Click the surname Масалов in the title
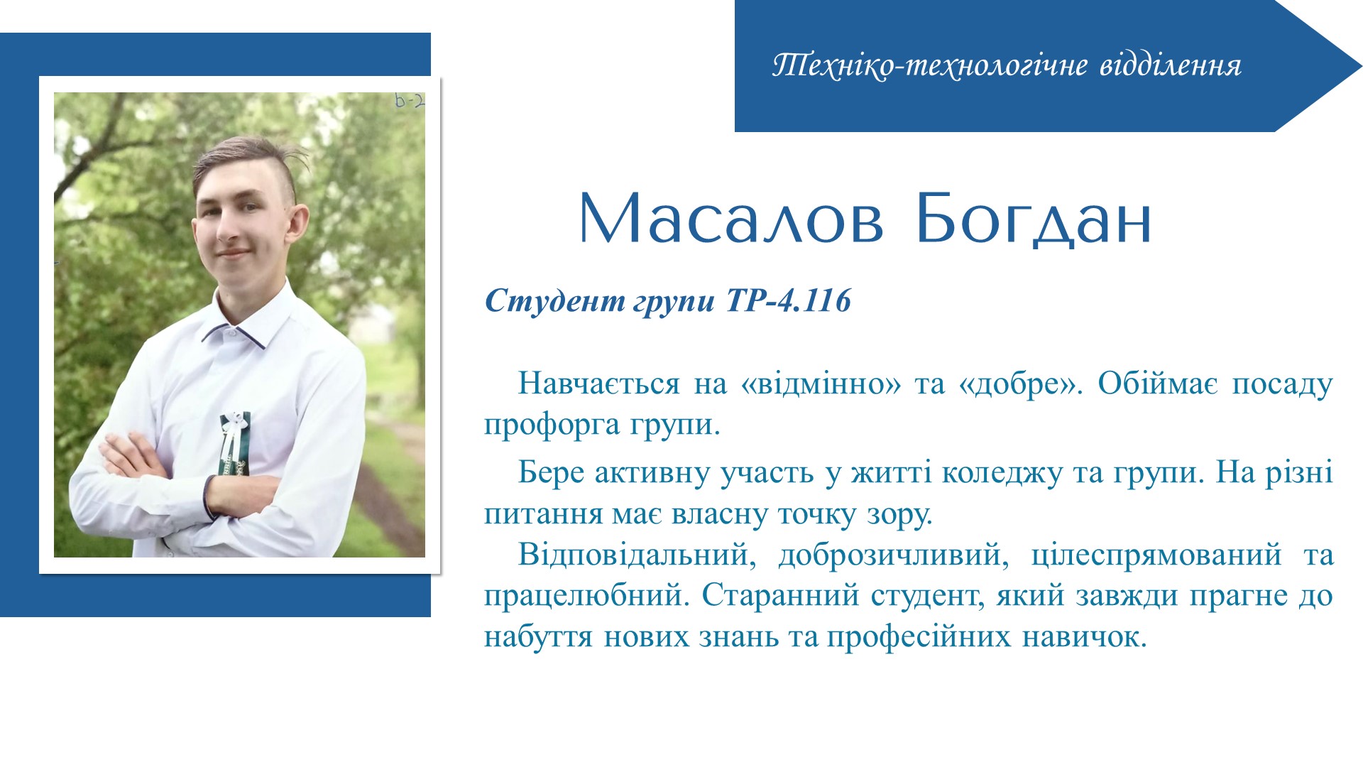click(732, 218)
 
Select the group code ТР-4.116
click(788, 301)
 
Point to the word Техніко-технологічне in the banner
click(930, 65)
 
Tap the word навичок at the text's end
click(1084, 637)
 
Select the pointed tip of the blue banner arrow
click(1362, 66)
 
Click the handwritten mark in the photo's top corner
click(410, 101)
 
